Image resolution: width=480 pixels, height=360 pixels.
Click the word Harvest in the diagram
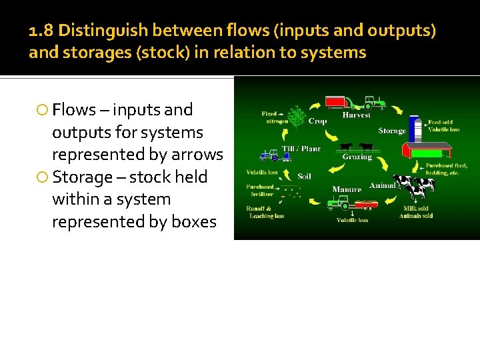[356, 115]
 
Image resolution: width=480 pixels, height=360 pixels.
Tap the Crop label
[317, 121]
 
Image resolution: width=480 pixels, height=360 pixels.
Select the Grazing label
[357, 157]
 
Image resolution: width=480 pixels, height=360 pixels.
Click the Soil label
[304, 177]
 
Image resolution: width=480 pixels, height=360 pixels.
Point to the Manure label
[347, 189]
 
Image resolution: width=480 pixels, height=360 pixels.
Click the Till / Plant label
[301, 149]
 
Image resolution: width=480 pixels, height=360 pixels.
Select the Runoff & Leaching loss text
[265, 212]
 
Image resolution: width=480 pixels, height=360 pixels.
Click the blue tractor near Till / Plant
[269, 155]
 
